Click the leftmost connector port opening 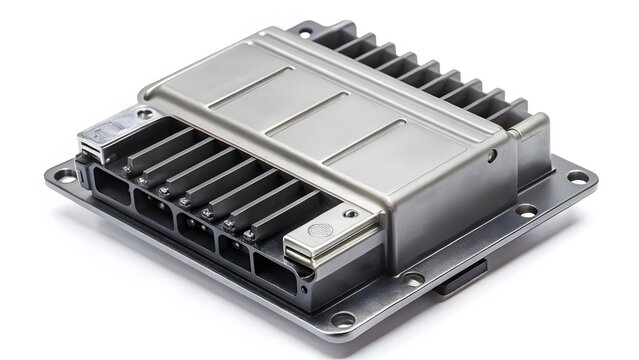click(x=108, y=182)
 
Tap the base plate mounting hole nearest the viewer click(x=343, y=319)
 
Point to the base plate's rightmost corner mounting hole click(x=577, y=177)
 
